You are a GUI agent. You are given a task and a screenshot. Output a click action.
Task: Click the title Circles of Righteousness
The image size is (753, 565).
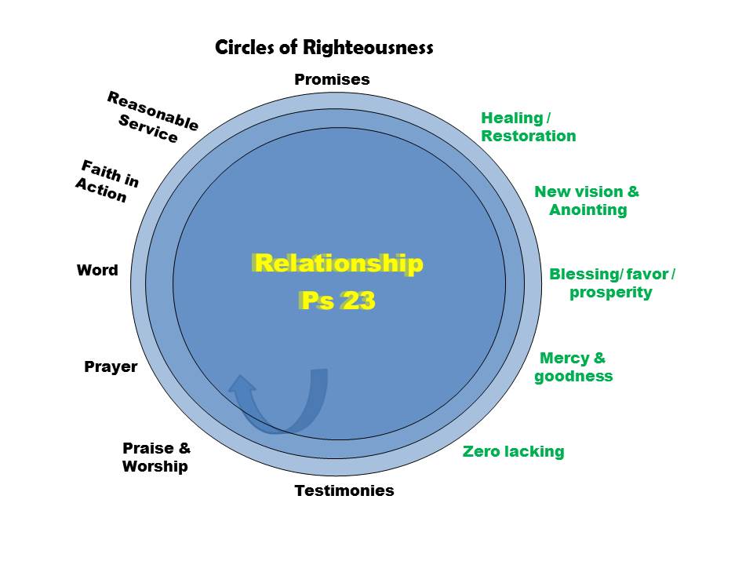click(324, 48)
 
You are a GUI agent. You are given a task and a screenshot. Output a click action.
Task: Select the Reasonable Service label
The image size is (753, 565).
click(151, 117)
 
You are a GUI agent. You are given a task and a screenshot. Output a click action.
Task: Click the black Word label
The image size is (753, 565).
click(97, 271)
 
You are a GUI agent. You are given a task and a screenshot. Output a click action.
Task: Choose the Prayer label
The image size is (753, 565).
click(111, 366)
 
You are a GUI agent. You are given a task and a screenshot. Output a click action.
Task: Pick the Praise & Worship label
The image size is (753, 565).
click(156, 457)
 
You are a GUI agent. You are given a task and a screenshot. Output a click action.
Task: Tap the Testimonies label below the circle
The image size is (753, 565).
click(344, 491)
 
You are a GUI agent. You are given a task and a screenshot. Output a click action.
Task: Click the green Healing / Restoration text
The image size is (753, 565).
click(528, 127)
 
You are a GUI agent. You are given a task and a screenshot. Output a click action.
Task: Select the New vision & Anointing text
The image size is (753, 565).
click(587, 201)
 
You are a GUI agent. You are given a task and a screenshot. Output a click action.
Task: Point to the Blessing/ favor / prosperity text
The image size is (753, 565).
click(612, 283)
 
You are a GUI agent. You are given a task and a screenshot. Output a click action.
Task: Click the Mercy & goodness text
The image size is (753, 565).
click(573, 367)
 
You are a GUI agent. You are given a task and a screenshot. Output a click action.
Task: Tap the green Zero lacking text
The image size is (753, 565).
click(513, 451)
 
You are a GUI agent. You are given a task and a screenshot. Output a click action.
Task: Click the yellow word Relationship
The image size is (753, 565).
click(338, 263)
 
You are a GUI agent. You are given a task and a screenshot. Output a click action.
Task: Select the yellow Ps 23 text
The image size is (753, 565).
click(337, 301)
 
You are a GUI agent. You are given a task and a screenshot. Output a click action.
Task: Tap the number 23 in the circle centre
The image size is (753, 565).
click(358, 301)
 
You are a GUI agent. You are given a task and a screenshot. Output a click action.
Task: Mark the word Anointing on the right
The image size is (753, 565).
click(587, 210)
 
